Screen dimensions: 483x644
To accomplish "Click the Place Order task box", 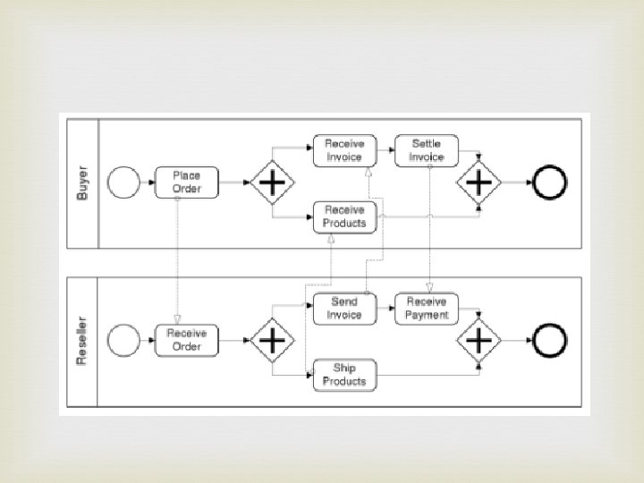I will point(187,182).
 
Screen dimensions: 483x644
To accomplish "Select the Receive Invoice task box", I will point(343,150).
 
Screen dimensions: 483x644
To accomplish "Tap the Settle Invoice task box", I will point(427,150).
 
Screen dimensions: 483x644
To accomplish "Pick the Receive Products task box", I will point(345,217).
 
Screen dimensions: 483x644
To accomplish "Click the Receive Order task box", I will point(187,340).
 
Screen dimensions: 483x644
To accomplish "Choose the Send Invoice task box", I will point(344,309).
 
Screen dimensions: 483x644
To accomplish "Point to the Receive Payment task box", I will point(427,309).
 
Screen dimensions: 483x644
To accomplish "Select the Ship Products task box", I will point(344,376).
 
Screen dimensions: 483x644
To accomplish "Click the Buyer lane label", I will point(83,182).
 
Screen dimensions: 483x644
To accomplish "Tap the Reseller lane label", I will point(83,340).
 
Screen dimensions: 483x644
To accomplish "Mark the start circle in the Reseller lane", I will point(123,340).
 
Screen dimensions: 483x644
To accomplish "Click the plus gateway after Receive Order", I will point(271,340).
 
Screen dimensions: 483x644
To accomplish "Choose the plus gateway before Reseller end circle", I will point(479,340).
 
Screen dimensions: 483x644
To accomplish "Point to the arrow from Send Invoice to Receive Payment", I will point(385,309).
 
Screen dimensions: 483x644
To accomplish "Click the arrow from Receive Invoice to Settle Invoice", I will point(386,150).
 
